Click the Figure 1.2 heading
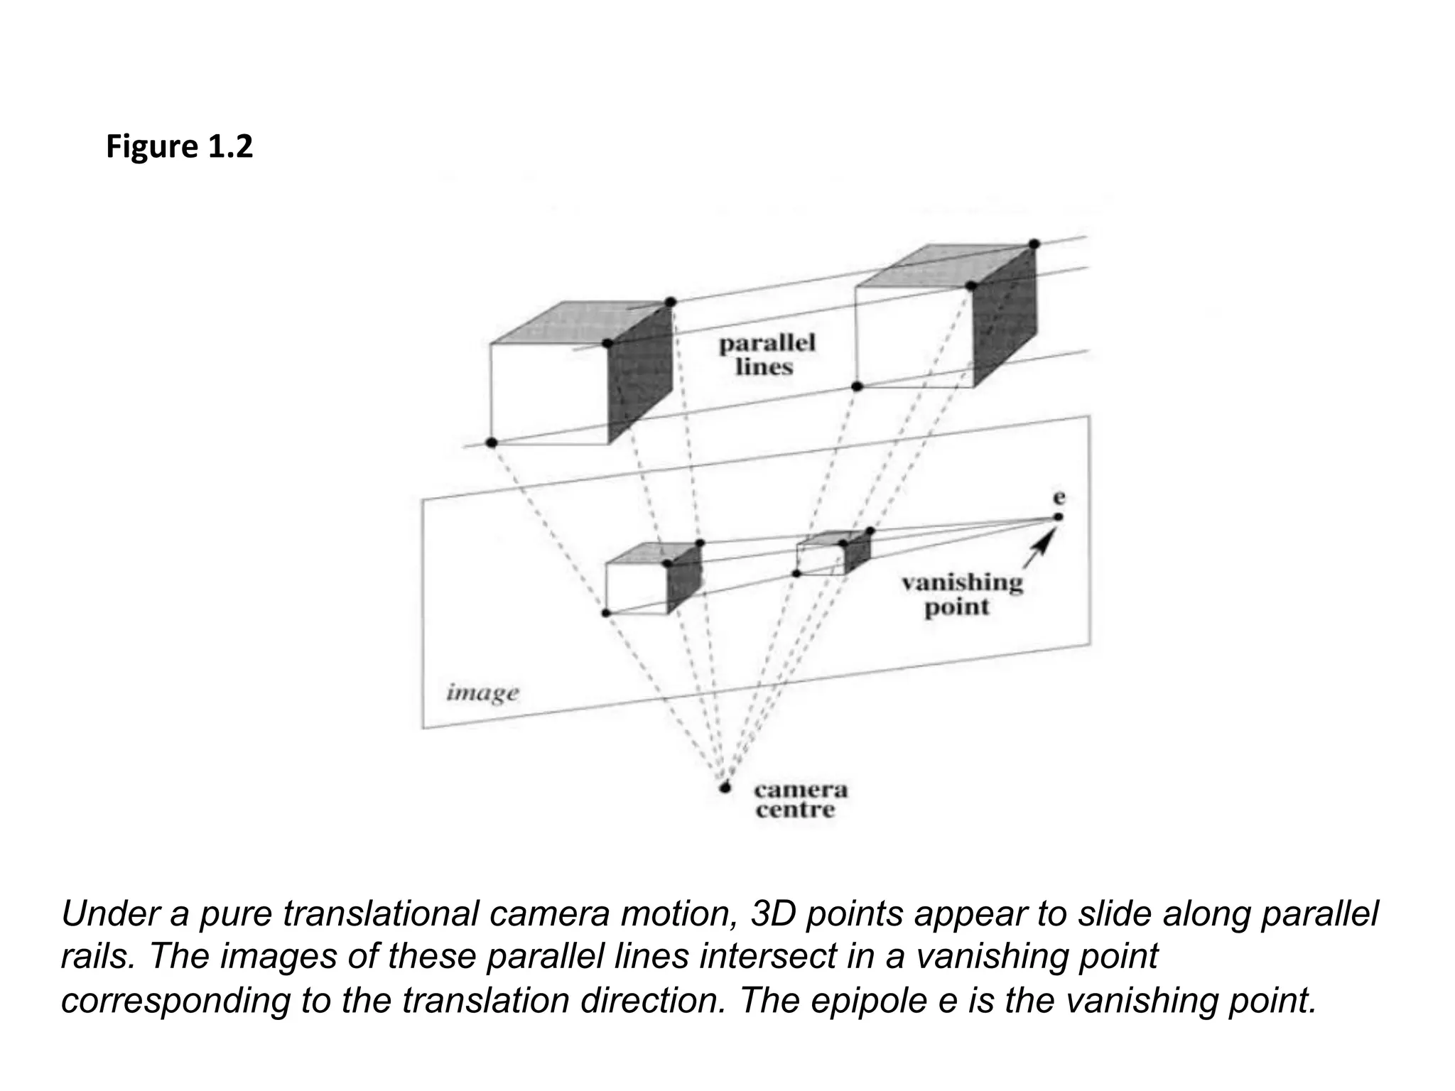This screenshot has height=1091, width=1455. coord(179,147)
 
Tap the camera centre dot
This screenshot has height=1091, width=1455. coord(725,787)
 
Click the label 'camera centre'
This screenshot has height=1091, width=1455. coord(800,800)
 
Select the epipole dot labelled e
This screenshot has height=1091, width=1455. coord(1058,516)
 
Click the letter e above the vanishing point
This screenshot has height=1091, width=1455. coord(1059,497)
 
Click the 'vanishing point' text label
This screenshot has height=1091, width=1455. coord(961,595)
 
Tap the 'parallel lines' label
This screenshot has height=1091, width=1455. coord(767,354)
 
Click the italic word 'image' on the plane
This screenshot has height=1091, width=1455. coord(482,692)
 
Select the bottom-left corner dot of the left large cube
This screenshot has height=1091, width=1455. coord(491,443)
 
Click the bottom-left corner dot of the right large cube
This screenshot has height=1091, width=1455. coord(857,386)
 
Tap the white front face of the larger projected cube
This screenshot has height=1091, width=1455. coord(636,589)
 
